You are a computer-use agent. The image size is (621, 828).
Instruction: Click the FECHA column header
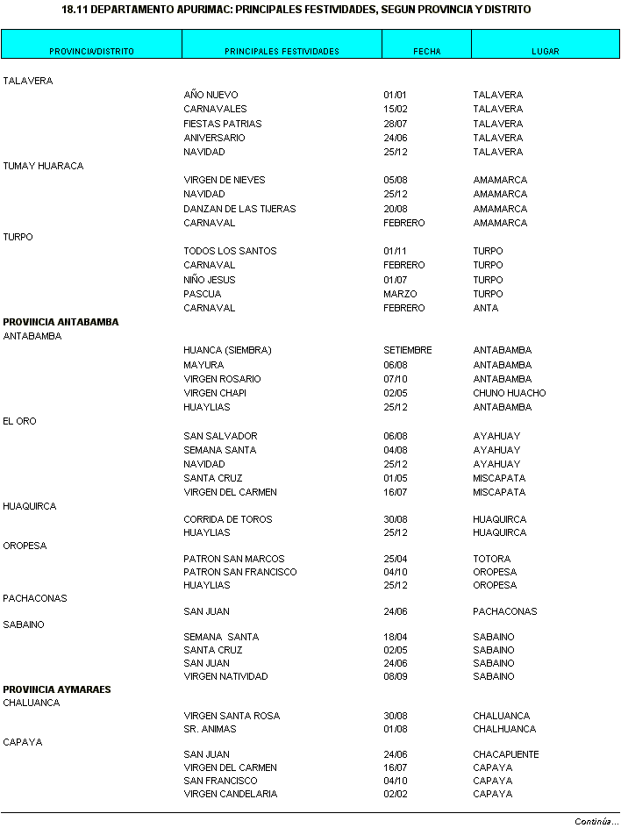[426, 51]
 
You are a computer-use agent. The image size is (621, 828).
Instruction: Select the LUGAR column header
[545, 51]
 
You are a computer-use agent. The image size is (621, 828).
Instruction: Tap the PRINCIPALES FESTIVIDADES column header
[282, 51]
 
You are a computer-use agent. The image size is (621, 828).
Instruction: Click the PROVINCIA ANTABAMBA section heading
[61, 322]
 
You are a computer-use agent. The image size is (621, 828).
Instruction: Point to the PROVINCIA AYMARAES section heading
[57, 689]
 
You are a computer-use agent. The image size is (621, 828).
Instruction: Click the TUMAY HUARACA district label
[43, 166]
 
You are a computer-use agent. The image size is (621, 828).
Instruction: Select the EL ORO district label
[20, 421]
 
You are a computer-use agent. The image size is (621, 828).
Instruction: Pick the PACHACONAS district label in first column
[35, 598]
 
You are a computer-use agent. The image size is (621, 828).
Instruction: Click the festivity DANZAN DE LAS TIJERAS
[239, 209]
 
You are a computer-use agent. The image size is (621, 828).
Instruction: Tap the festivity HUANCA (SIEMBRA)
[227, 350]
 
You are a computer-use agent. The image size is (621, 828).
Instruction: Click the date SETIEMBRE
[407, 350]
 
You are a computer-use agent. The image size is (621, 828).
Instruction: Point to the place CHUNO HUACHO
[509, 393]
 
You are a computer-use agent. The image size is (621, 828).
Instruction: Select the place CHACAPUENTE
[505, 754]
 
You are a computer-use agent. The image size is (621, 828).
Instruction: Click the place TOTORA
[491, 559]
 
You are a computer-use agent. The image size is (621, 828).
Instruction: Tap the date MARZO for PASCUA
[400, 294]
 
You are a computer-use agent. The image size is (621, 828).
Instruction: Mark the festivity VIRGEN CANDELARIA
[230, 794]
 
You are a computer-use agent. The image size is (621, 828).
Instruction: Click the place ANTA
[485, 308]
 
